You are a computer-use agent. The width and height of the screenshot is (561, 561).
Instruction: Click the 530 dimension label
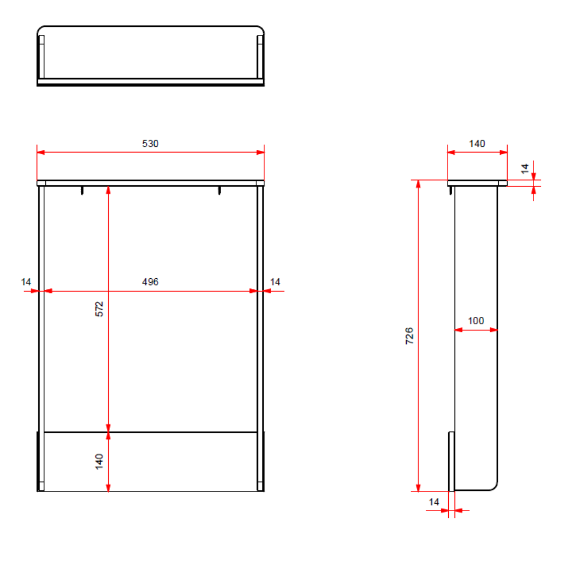pyautogui.click(x=150, y=144)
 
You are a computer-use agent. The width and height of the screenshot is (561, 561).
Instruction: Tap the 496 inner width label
pyautogui.click(x=150, y=282)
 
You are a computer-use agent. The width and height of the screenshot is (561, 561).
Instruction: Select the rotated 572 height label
pyautogui.click(x=99, y=309)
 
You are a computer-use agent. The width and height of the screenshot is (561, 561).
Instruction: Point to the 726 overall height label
pyautogui.click(x=410, y=335)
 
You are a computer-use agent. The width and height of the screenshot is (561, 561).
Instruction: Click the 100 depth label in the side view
pyautogui.click(x=476, y=320)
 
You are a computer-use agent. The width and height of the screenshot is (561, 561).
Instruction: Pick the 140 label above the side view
pyautogui.click(x=477, y=144)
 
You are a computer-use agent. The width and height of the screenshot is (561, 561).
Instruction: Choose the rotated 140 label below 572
pyautogui.click(x=99, y=462)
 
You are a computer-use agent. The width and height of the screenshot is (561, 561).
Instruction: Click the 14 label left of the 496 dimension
pyautogui.click(x=26, y=282)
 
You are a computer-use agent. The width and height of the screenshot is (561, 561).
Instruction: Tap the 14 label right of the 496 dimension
pyautogui.click(x=275, y=282)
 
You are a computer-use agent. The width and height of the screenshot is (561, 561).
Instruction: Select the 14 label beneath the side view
pyautogui.click(x=434, y=502)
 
